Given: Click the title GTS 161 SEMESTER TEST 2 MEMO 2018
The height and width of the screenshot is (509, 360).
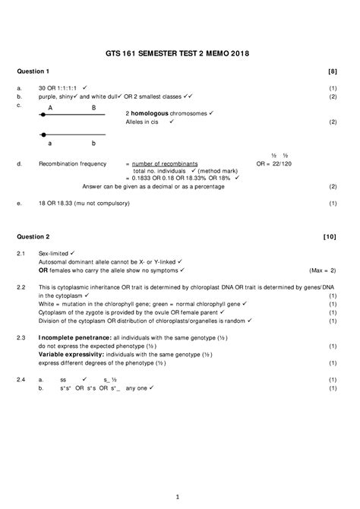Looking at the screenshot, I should coord(179,53).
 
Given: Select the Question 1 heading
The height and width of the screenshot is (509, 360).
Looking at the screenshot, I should coord(33,71).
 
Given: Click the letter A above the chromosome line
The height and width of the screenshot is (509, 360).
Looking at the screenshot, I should coord(50,109).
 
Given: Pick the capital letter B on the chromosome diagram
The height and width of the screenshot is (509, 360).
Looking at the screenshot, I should coord(93,109).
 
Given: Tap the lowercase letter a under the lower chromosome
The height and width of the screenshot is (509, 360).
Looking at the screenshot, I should coord(50,143).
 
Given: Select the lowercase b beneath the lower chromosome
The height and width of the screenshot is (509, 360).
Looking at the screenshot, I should coord(93,143).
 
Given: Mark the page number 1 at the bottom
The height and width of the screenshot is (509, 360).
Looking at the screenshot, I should coord(176,498).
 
